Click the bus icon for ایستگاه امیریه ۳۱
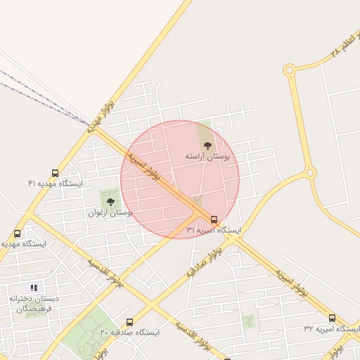pos(214,219)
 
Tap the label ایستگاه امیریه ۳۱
pos(214,230)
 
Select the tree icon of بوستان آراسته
pos(206,145)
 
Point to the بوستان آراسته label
pos(207,155)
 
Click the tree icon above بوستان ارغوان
pos(110,202)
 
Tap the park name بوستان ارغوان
pos(110,212)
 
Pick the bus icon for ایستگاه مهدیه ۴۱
pos(56,173)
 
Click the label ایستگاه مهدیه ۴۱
pos(56,184)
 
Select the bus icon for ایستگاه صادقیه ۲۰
pos(129,322)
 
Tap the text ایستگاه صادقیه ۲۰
pos(129,332)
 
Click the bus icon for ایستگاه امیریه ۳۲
pos(332,318)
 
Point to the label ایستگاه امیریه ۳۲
pos(330,328)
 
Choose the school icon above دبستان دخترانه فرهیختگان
pos(34,288)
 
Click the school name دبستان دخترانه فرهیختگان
pos(34,303)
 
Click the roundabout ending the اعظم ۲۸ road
pos(289,70)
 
